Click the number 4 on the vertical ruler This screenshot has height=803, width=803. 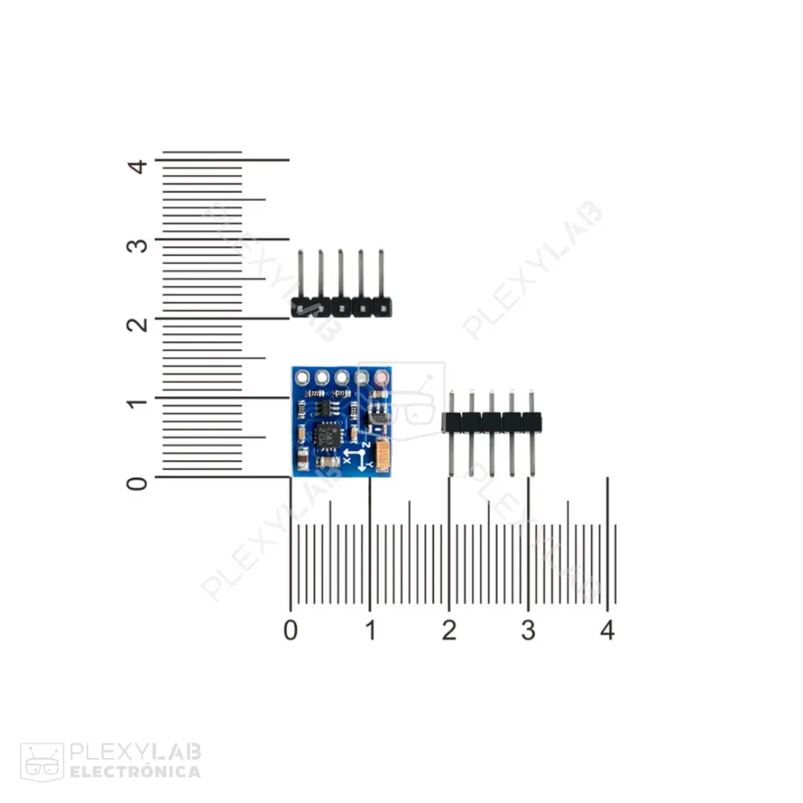point(139,165)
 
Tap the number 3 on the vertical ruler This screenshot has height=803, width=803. point(139,243)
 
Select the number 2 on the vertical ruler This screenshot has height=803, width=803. point(139,323)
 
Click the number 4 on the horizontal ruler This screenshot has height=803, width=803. point(607,631)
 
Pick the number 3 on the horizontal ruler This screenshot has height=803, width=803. point(528,631)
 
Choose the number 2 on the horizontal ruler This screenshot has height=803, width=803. point(449,631)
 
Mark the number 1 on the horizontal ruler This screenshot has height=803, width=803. point(370,631)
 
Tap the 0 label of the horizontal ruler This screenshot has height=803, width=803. point(291,631)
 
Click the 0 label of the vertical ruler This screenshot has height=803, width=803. point(139,482)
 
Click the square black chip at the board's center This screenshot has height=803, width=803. point(327,434)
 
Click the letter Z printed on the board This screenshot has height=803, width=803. point(366,442)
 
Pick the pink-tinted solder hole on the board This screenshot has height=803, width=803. point(381,376)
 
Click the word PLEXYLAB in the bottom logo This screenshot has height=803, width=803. point(135,752)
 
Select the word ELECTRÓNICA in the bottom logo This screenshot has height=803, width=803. point(135,772)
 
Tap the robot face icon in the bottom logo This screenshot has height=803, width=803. point(42,761)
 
